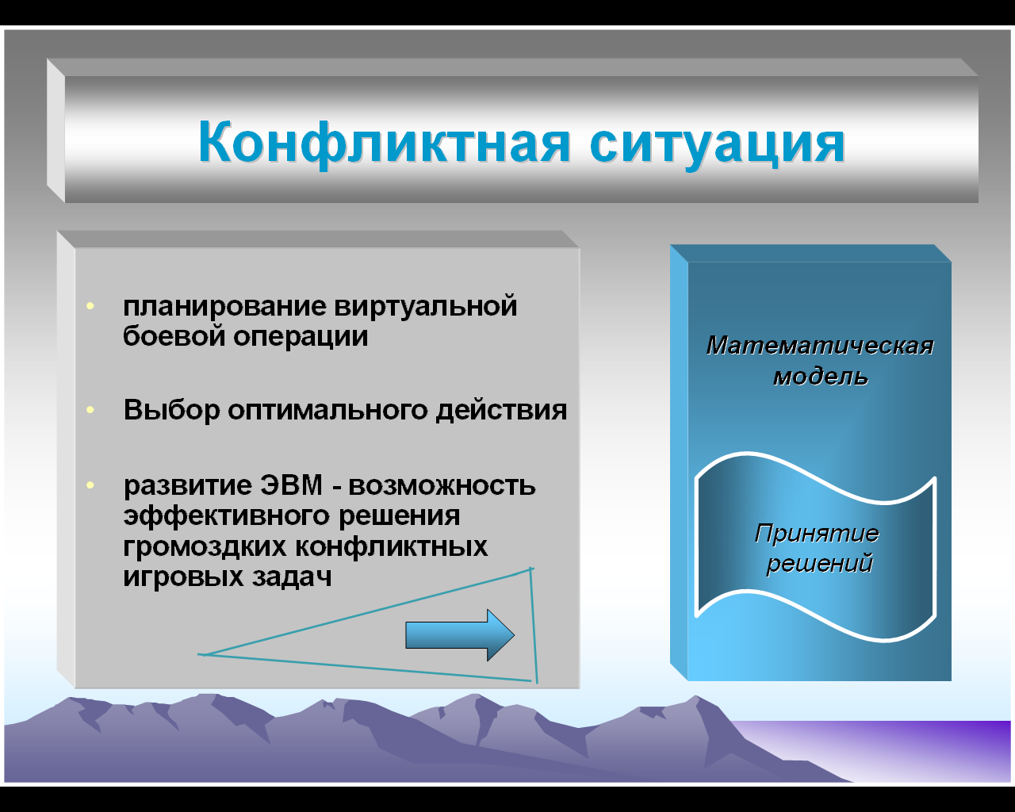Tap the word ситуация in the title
[x=717, y=144]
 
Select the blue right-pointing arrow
[x=460, y=635]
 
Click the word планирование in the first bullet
[x=224, y=307]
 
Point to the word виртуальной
[x=426, y=307]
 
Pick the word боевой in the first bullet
[x=174, y=336]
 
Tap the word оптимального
[x=327, y=410]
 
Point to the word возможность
[x=442, y=485]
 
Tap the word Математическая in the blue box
[x=820, y=346]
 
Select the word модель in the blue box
[x=820, y=377]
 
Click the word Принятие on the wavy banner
[x=817, y=534]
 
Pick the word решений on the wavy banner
[x=819, y=563]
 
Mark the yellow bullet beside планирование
[x=90, y=306]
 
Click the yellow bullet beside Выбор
[x=90, y=409]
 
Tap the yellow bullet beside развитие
[x=90, y=485]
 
